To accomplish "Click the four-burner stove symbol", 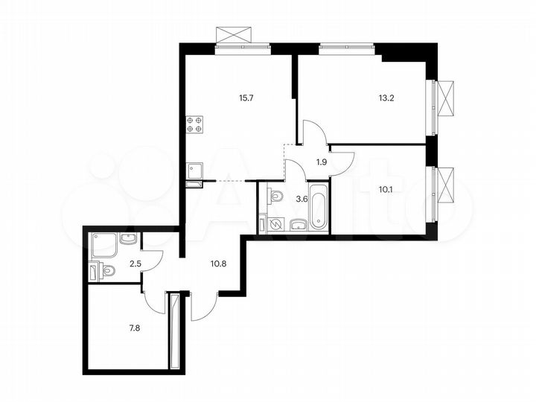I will pyautogui.click(x=196, y=124).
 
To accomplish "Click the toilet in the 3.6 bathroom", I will pyautogui.click(x=275, y=196).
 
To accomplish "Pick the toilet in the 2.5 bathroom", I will pyautogui.click(x=106, y=272).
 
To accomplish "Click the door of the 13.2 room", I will pyautogui.click(x=312, y=135).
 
